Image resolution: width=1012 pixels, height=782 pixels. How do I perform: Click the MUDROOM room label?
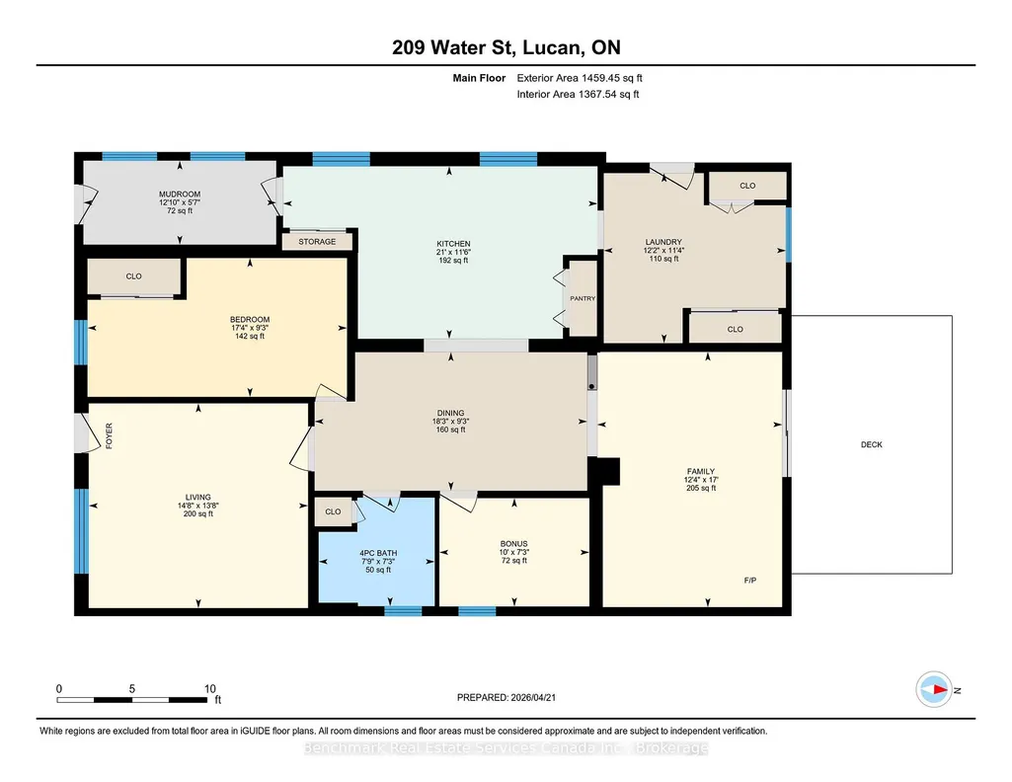point(180,195)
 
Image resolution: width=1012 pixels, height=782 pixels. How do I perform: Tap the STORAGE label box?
point(317,242)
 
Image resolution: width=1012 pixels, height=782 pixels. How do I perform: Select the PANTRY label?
point(583,299)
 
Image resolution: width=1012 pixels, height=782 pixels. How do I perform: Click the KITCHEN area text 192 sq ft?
point(453,261)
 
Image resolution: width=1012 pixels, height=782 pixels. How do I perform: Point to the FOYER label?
point(109,435)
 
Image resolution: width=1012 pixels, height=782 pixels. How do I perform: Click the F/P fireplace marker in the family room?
point(750,581)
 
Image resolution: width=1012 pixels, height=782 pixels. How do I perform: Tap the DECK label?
point(871,444)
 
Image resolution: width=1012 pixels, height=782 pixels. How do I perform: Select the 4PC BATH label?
point(378,554)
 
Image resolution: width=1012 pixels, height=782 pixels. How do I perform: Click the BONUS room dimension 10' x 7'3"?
point(513,552)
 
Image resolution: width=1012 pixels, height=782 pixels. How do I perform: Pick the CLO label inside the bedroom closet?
point(133,276)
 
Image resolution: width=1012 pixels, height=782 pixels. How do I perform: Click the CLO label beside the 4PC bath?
point(333,511)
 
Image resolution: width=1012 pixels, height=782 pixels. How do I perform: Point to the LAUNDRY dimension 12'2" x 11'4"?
point(663,251)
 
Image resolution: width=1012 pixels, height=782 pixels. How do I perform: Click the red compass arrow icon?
point(934,690)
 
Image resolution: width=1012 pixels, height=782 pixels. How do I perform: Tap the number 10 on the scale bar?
point(209,689)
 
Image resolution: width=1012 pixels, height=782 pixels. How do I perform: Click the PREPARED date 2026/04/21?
point(533,697)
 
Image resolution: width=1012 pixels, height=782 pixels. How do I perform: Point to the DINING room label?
point(450,413)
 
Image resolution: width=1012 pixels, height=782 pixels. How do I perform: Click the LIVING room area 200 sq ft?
point(198,514)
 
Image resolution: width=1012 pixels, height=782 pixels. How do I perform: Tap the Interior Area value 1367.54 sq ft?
point(608,94)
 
